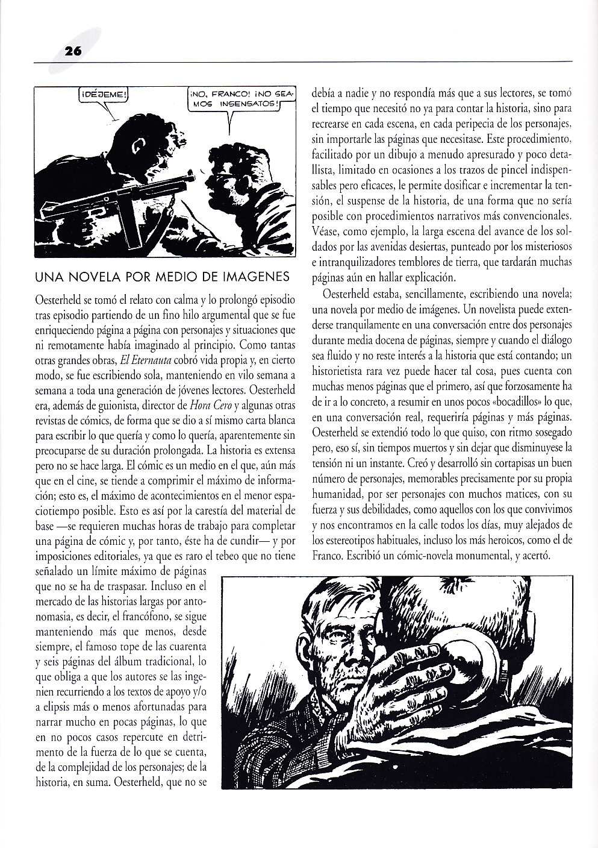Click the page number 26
pos(73,52)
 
